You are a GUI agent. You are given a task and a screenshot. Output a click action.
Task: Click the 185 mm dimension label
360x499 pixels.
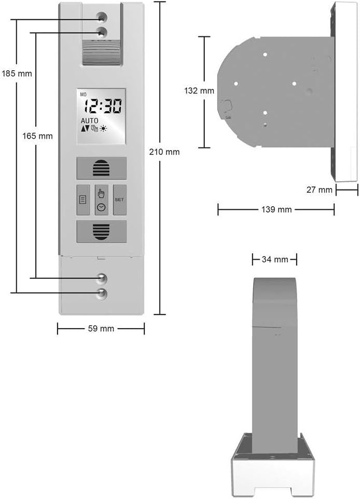tap(17, 74)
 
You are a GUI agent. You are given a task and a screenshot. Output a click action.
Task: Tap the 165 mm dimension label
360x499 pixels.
tap(37, 136)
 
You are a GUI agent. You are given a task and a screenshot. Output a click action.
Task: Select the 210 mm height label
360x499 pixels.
tap(164, 152)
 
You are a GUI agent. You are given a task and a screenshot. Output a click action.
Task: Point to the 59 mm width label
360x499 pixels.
tap(101, 328)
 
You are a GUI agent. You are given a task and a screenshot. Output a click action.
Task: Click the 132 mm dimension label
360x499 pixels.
tap(199, 91)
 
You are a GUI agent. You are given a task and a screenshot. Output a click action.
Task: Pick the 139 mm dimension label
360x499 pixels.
tap(276, 209)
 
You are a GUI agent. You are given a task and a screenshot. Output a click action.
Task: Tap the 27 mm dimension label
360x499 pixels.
tap(320, 190)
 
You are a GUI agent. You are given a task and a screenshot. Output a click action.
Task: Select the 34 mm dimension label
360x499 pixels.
tap(275, 259)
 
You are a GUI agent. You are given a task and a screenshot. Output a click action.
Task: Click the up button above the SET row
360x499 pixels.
tap(102, 168)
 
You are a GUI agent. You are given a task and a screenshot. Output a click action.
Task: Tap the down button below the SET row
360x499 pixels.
tap(102, 232)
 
